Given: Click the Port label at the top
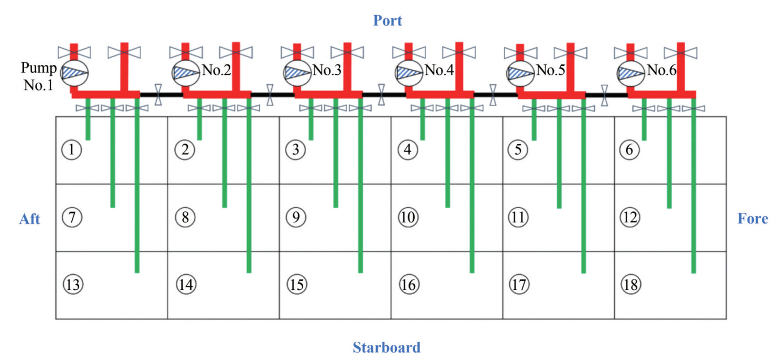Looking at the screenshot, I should tap(387, 21).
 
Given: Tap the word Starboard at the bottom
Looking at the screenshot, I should tap(386, 347).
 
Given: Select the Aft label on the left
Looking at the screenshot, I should tap(30, 219).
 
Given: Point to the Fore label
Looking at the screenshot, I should tap(752, 219).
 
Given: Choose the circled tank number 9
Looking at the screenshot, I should tap(296, 217).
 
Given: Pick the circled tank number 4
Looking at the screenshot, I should tap(407, 150).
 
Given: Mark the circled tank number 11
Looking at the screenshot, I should tap(518, 217).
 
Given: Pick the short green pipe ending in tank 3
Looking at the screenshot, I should tap(311, 126).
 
